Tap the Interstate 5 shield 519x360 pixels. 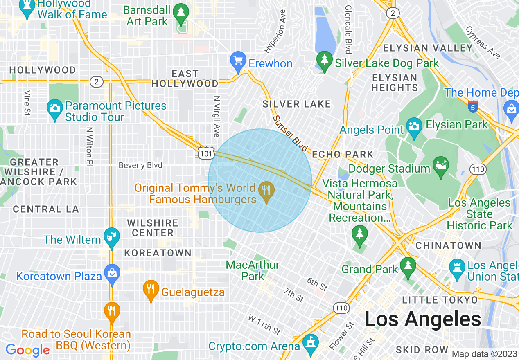tap(473, 107)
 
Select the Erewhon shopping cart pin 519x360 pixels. tap(237, 61)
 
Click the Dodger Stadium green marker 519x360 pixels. tap(441, 166)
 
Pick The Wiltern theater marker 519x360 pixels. tap(111, 237)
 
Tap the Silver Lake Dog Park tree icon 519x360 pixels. tap(325, 61)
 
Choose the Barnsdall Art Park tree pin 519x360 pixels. tap(181, 13)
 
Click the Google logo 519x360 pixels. tap(27, 350)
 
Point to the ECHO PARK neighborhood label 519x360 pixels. tap(343, 155)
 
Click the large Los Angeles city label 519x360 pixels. tap(422, 319)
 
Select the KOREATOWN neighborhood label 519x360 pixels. tap(158, 253)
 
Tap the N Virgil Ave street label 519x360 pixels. tap(217, 117)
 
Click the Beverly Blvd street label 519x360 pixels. tap(140, 165)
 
